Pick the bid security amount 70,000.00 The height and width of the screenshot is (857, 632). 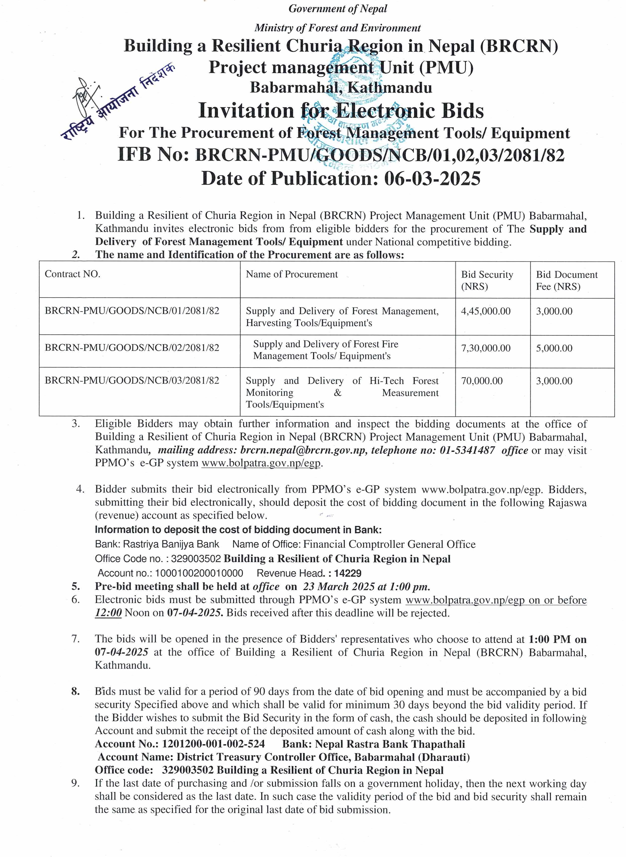click(482, 381)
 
